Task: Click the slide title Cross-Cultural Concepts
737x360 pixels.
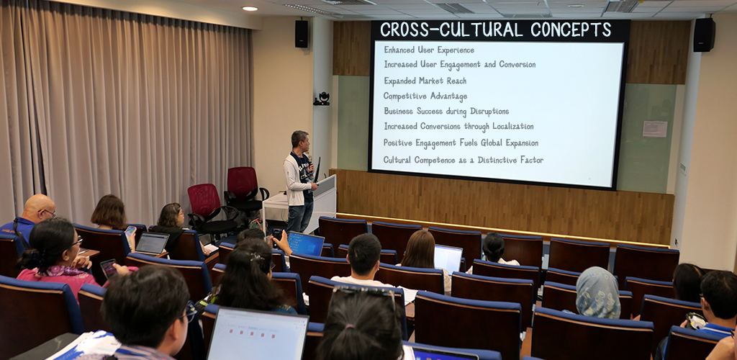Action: point(495,30)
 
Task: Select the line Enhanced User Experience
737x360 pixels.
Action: point(429,50)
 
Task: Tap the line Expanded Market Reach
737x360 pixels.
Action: point(425,81)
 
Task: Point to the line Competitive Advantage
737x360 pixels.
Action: point(425,96)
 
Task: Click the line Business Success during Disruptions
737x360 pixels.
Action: point(446,112)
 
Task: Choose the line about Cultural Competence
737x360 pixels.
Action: point(463,160)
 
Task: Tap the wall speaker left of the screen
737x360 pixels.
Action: point(301,34)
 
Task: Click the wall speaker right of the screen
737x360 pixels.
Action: point(703,35)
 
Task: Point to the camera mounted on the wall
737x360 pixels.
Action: point(322,99)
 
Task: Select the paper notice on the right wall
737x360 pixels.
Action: point(654,129)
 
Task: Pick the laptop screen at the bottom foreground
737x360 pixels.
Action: point(257,335)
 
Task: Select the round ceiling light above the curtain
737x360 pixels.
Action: point(250,9)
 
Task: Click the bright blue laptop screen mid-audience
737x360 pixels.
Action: point(306,243)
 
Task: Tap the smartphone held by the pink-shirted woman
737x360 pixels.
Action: point(109,268)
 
